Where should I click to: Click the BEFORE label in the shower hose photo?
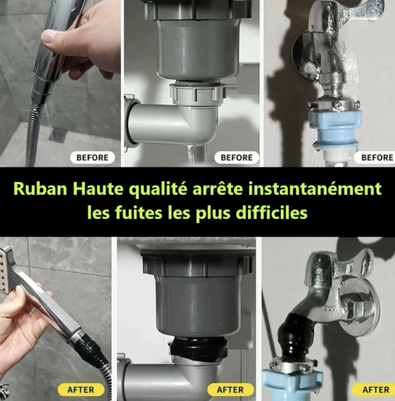point(92,158)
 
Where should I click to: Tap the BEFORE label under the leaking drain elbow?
point(237,158)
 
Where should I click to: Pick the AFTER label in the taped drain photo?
point(230,390)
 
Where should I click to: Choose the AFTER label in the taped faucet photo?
point(375,390)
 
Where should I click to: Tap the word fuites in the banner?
point(128,213)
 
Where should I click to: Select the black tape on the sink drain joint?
point(198,346)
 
